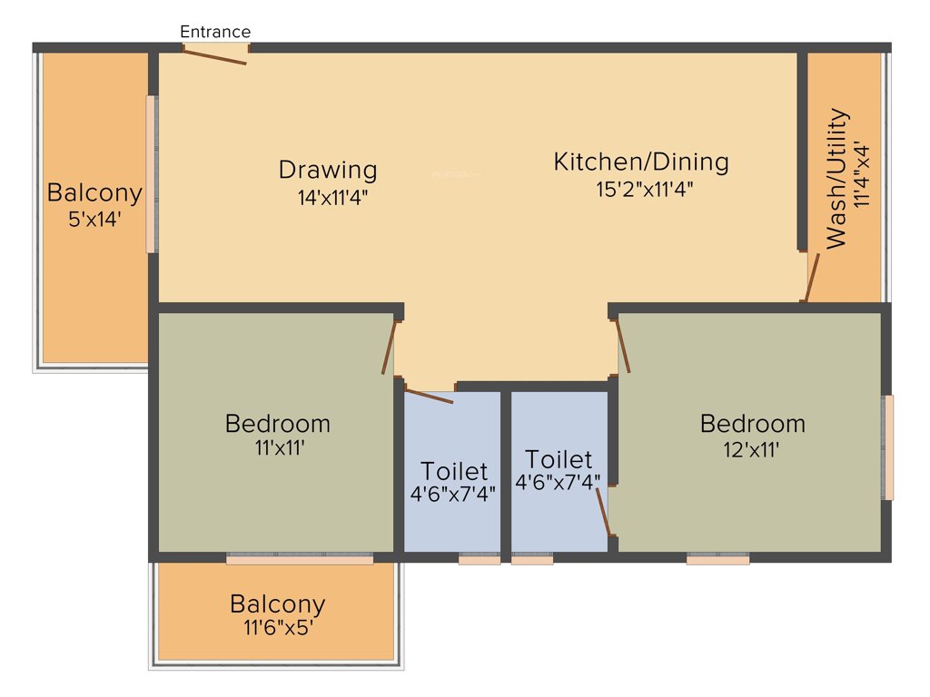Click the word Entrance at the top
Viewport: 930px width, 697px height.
point(215,32)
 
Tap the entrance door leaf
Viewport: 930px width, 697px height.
point(215,55)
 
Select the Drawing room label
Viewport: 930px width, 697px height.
point(328,170)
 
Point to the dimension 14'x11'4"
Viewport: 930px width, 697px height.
point(332,195)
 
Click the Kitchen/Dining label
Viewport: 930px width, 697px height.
point(641,162)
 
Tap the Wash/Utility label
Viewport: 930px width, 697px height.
point(837,179)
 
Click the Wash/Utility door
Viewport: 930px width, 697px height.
point(811,277)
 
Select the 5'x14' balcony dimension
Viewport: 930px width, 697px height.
point(94,219)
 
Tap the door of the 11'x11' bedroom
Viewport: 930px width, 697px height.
point(391,347)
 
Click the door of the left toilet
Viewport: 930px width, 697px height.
point(428,396)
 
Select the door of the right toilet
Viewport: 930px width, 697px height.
point(603,512)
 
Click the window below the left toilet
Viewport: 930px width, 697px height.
point(479,560)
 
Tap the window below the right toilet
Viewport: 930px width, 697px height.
point(532,560)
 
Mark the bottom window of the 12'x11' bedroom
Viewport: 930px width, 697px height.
point(717,560)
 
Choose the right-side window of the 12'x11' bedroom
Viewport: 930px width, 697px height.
point(887,447)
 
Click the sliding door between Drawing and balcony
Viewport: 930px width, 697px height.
point(152,174)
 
